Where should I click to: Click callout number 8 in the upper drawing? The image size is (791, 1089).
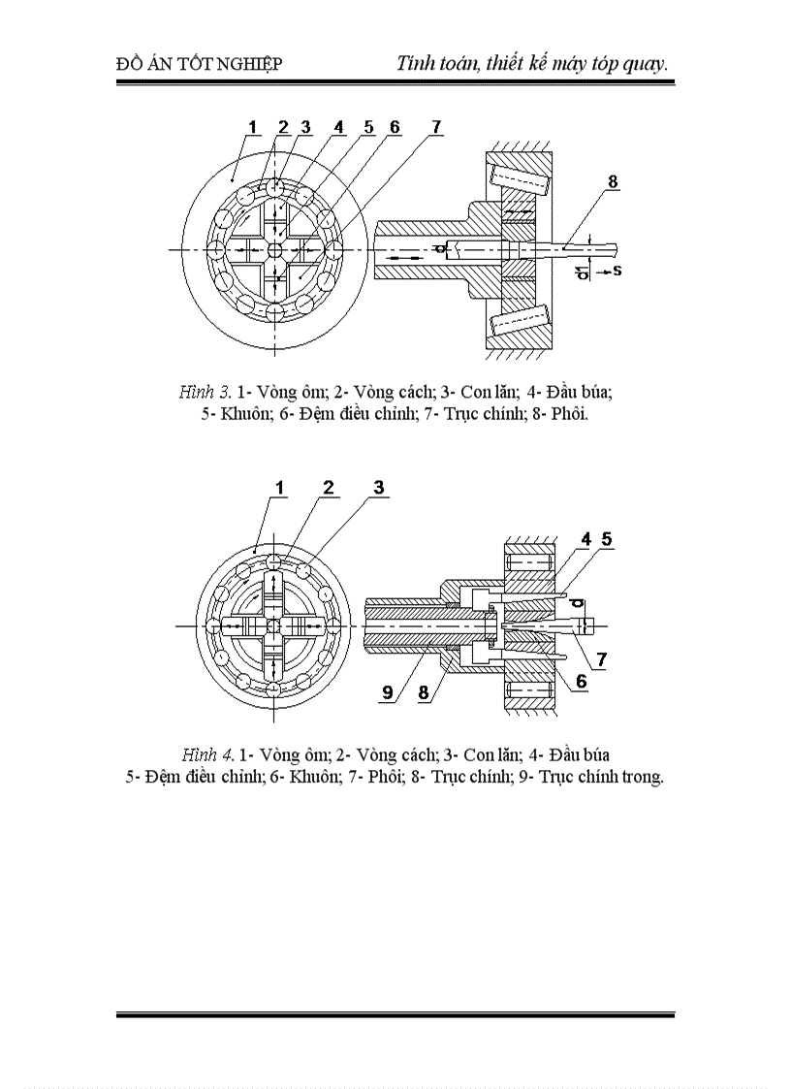(612, 181)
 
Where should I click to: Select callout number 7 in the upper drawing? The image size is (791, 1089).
(436, 127)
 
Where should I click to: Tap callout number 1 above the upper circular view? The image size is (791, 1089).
(252, 127)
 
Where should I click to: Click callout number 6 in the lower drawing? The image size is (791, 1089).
(581, 682)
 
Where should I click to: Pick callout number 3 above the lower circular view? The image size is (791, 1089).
(379, 488)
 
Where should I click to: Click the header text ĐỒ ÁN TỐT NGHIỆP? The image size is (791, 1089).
(199, 64)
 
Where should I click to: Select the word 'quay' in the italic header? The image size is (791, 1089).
(643, 64)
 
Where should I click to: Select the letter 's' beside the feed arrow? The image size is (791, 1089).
(617, 271)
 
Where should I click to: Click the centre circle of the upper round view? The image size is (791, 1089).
(275, 249)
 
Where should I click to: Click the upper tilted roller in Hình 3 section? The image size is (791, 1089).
(522, 181)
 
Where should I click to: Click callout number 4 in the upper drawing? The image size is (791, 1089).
(338, 127)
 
